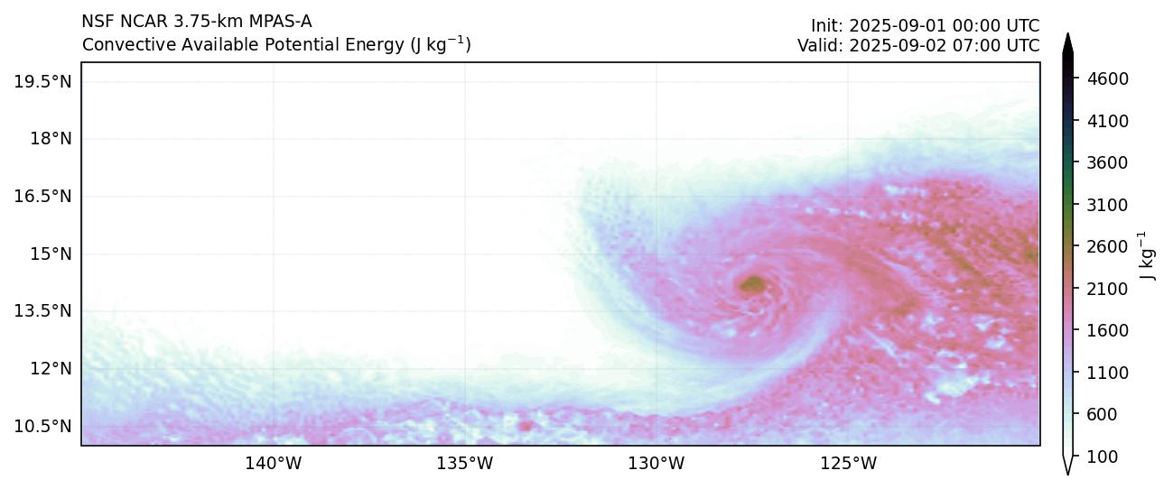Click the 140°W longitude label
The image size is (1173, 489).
click(x=274, y=465)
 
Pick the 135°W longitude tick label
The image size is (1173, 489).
click(x=465, y=465)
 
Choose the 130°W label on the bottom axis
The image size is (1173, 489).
click(x=656, y=465)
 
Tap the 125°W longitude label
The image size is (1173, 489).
click(x=848, y=465)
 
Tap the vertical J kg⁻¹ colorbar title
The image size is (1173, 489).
click(x=1148, y=255)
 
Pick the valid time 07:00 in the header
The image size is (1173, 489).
click(x=979, y=45)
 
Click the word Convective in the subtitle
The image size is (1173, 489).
click(x=121, y=45)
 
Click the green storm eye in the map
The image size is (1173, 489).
click(x=752, y=285)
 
